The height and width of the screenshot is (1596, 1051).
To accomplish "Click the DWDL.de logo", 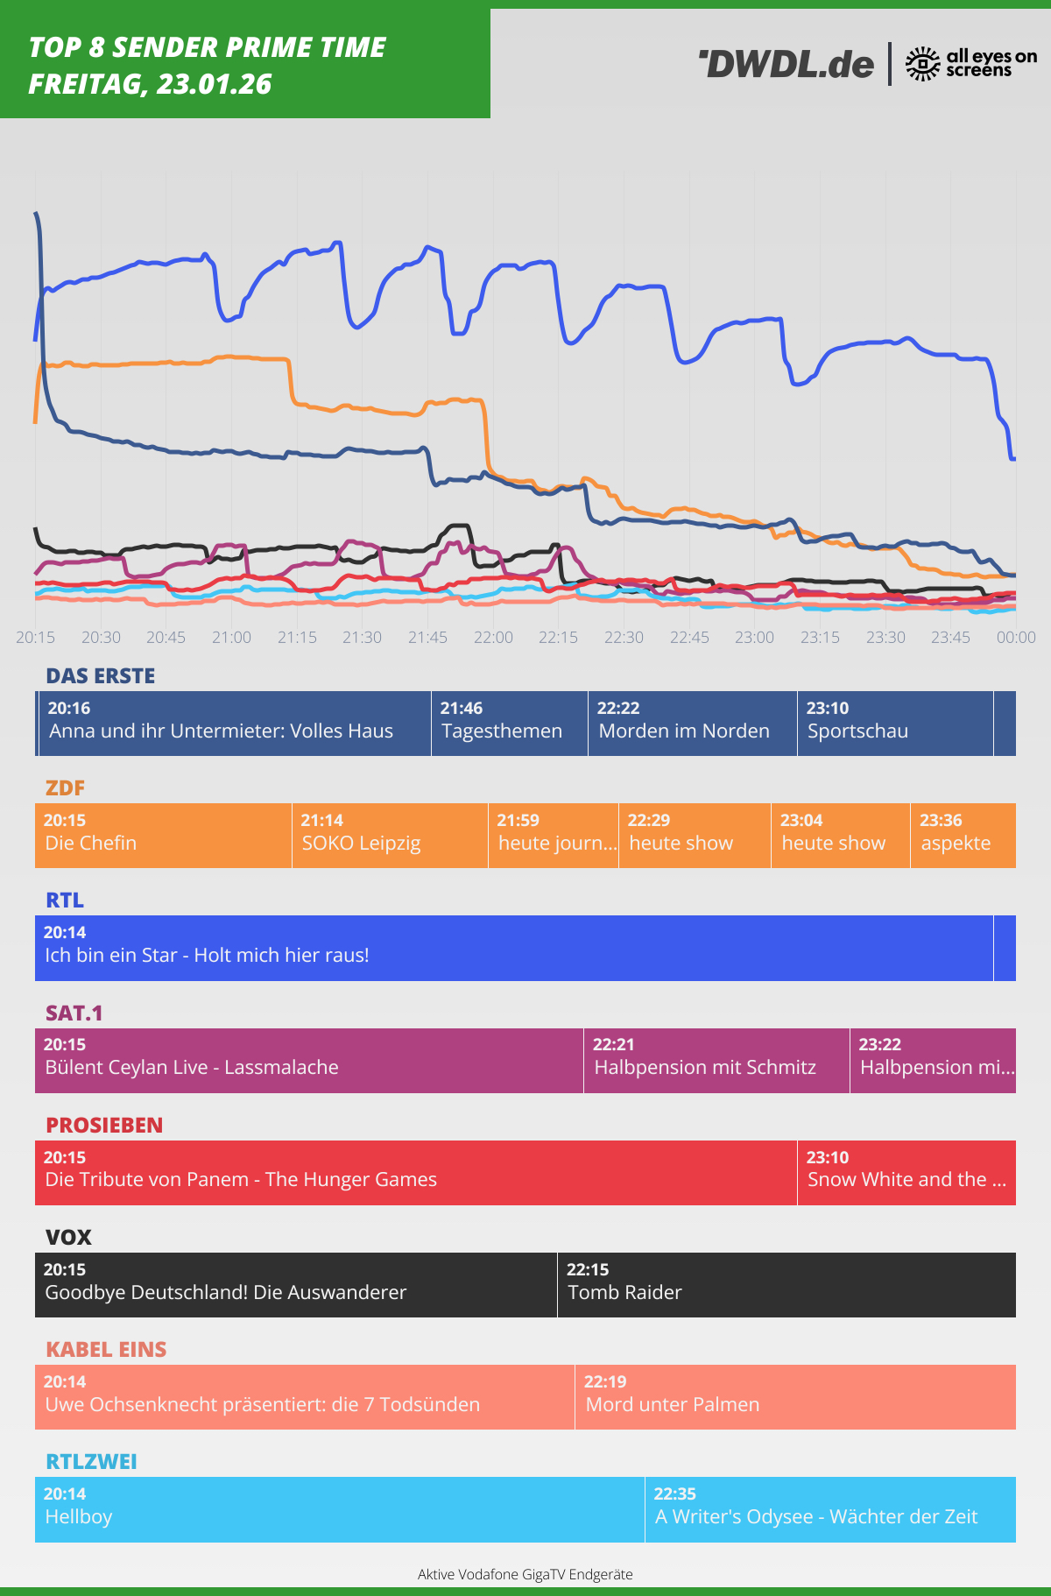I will (x=786, y=64).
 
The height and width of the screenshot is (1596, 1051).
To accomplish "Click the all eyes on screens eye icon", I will (x=922, y=64).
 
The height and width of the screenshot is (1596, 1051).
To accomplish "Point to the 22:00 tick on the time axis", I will (x=493, y=637).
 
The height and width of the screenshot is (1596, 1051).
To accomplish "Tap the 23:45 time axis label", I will (x=950, y=637).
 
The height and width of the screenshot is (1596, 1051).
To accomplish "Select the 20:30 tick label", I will (x=101, y=637).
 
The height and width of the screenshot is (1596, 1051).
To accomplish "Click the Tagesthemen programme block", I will (x=509, y=724).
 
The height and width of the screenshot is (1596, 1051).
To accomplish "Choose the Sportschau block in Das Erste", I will (x=894, y=724).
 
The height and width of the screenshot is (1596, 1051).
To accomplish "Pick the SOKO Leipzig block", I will (x=389, y=836).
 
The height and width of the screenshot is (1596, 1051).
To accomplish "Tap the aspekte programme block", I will (x=962, y=836).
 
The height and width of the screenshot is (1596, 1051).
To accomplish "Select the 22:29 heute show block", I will (x=694, y=836).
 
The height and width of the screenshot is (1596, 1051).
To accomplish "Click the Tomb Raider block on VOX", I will (x=786, y=1285).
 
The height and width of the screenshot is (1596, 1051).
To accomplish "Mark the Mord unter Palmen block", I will (x=794, y=1397).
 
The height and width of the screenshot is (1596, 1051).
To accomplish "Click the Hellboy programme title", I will (x=79, y=1516).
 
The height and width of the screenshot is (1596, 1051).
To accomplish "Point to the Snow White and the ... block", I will (x=906, y=1173).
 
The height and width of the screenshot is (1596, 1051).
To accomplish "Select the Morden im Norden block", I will (x=692, y=724).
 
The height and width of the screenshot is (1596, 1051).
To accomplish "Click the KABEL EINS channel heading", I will (x=106, y=1349).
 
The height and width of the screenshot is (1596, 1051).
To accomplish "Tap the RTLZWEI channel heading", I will (x=91, y=1461).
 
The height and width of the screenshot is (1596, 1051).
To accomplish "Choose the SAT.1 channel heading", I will (x=74, y=1013).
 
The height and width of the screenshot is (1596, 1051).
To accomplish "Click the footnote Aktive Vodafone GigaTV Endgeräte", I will (x=525, y=1574).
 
